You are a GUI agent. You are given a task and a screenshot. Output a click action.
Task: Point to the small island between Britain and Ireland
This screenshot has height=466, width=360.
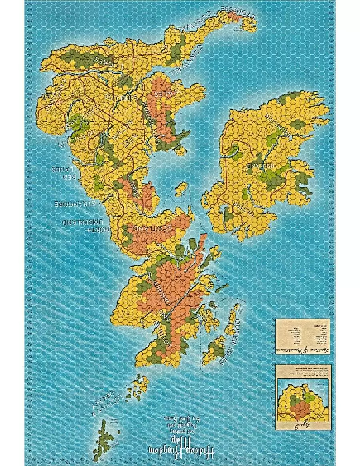pyautogui.click(x=182, y=188)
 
